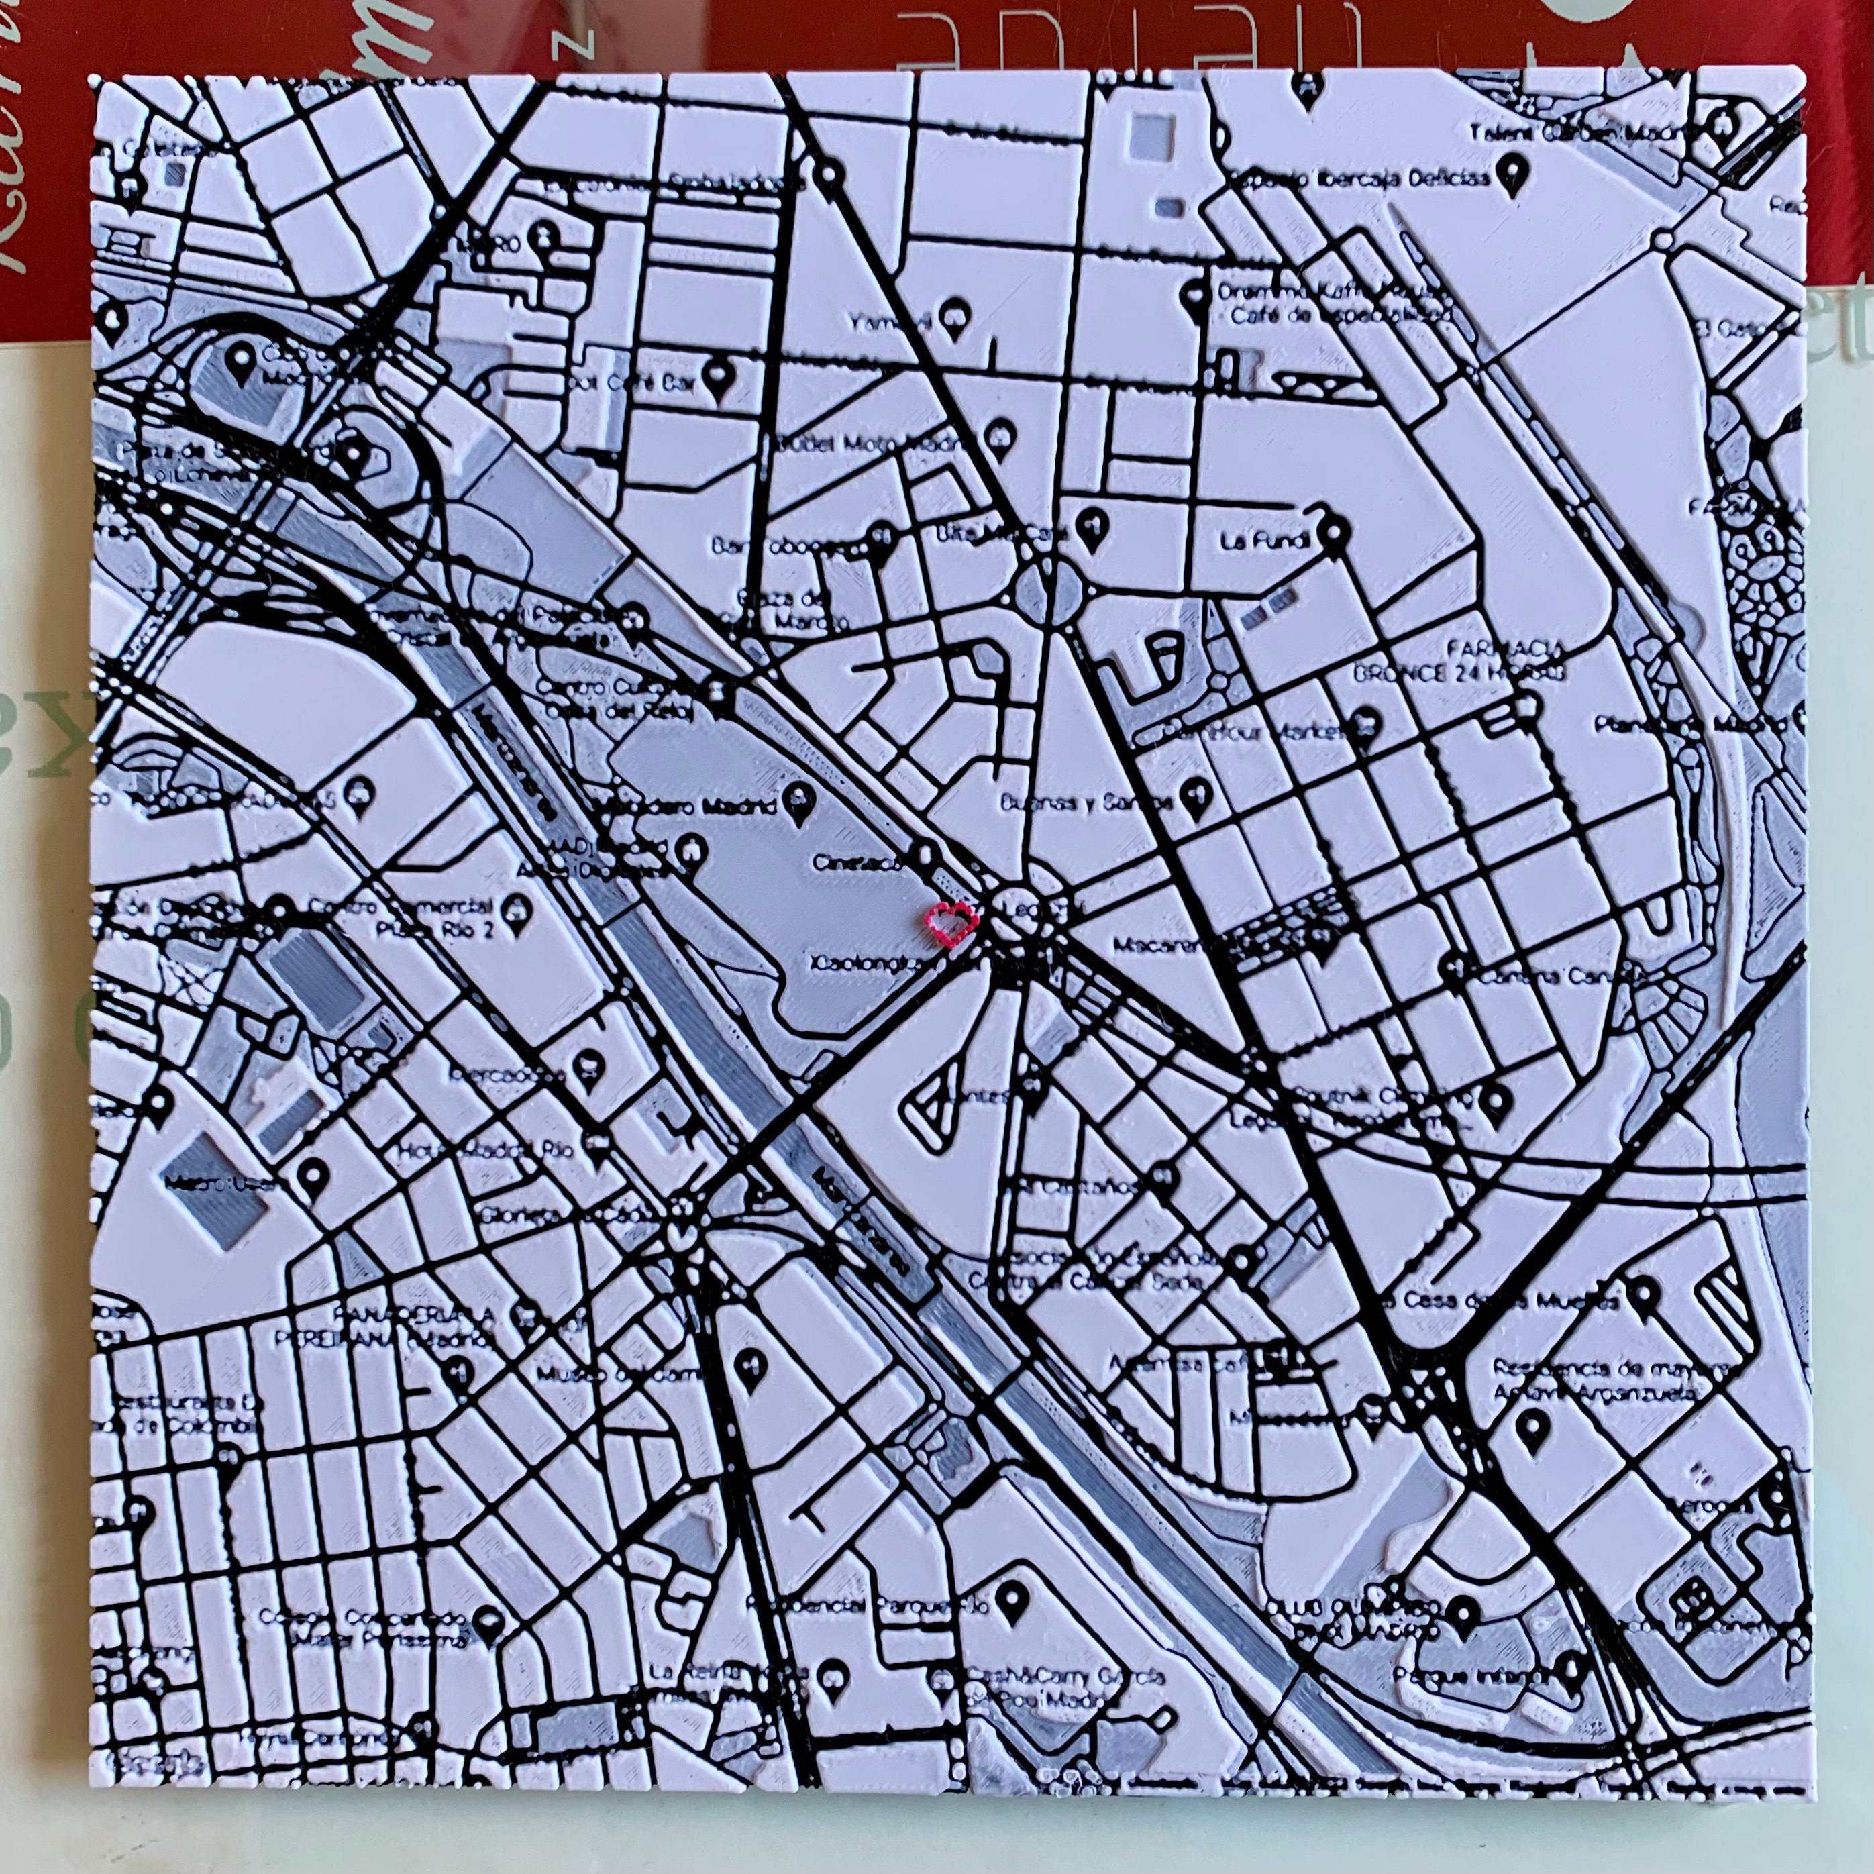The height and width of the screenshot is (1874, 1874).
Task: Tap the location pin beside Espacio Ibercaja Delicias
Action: [1508, 176]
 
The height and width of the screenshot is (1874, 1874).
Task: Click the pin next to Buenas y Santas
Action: [1195, 795]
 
